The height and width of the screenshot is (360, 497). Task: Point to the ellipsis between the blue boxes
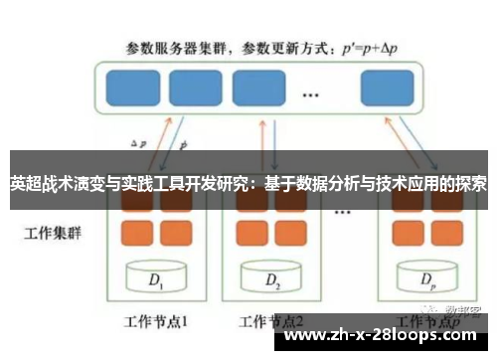[310, 94]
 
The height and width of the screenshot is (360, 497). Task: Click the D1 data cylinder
[155, 280]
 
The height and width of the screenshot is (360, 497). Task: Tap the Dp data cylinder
[425, 280]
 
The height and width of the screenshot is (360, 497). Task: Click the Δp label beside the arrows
[139, 143]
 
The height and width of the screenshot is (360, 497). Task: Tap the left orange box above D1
[136, 233]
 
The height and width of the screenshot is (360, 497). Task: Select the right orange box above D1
[172, 233]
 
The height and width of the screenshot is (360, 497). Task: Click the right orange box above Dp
[443, 233]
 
